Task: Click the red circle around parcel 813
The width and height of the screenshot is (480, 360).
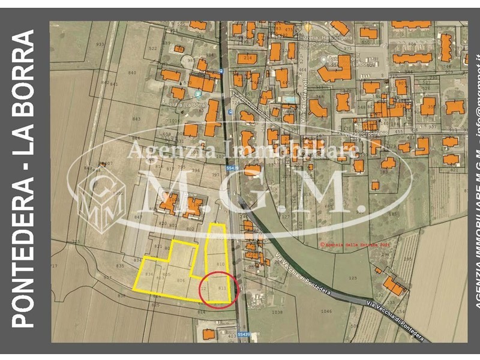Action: [219, 290]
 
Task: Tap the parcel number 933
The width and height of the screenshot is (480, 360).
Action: [100, 44]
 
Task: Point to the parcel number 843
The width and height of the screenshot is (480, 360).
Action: [136, 119]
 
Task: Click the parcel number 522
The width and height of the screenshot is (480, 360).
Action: [152, 49]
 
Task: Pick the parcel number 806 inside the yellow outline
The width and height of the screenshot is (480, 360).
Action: [180, 280]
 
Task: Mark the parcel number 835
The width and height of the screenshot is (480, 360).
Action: [119, 265]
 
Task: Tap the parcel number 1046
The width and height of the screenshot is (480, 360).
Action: [326, 311]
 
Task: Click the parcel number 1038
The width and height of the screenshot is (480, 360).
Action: [277, 312]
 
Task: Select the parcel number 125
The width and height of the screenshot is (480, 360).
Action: [352, 277]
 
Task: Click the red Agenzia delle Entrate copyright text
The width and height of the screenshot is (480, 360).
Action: [364, 244]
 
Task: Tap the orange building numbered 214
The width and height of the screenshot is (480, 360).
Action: [247, 58]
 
